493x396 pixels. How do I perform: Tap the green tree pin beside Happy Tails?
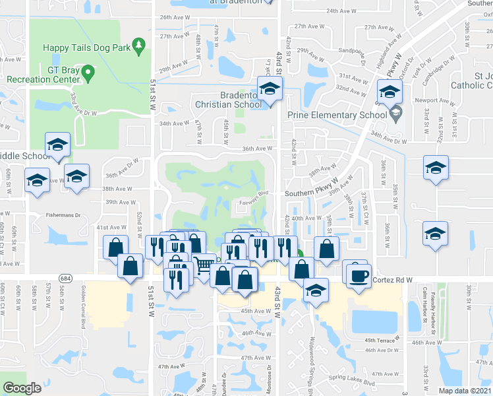(138, 45)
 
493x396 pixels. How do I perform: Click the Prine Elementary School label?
(336, 115)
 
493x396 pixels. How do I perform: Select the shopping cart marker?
(204, 265)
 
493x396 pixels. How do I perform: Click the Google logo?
(22, 388)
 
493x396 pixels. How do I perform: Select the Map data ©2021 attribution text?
(465, 391)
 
